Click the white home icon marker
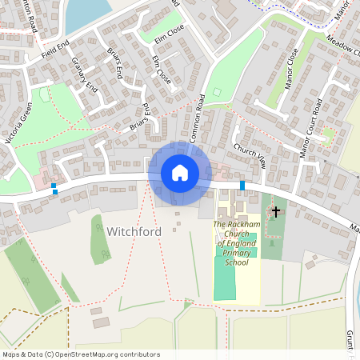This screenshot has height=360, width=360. [x=179, y=173]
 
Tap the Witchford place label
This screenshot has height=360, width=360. [x=134, y=231]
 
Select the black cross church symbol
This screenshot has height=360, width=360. [x=276, y=212]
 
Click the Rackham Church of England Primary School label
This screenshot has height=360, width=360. [x=237, y=243]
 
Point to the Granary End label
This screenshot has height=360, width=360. [x=83, y=74]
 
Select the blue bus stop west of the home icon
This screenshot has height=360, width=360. [x=54, y=189]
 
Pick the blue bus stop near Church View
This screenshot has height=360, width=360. [x=242, y=186]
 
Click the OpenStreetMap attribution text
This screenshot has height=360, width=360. [x=80, y=354]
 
